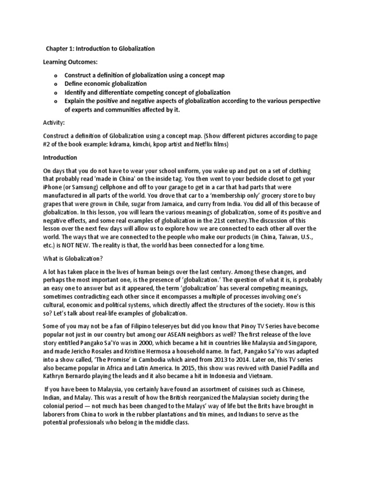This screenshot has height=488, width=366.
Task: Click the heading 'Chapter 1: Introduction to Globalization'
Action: (x=100, y=49)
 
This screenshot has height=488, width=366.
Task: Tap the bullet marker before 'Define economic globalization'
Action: (x=56, y=84)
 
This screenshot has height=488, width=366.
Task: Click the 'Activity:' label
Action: (x=54, y=122)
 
